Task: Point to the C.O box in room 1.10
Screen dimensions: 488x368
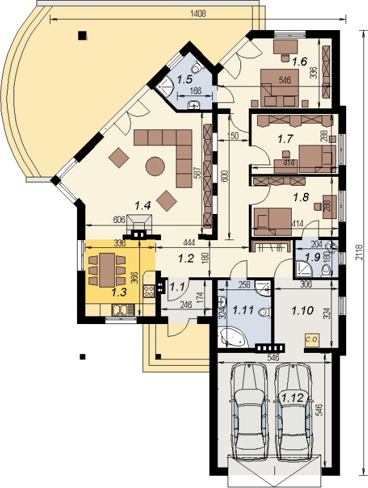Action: pos(312,339)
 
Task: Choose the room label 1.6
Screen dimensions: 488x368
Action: pos(299,62)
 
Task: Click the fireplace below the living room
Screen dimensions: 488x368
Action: pos(141,224)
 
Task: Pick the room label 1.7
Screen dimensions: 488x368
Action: pos(285,138)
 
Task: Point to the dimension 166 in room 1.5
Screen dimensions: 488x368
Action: pos(186,91)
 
